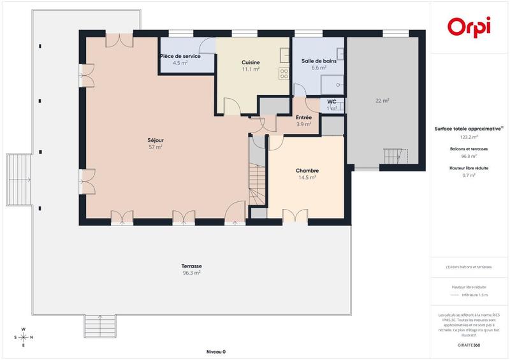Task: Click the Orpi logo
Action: click(x=469, y=27)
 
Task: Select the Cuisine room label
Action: click(x=251, y=62)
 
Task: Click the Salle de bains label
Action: click(x=319, y=61)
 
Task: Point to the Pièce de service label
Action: click(x=180, y=56)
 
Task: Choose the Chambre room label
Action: click(x=307, y=170)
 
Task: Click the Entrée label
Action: click(x=303, y=117)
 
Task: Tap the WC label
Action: click(x=331, y=101)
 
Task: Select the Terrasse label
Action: click(x=191, y=266)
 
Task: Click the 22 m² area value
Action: click(x=382, y=101)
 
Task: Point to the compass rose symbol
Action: click(x=24, y=337)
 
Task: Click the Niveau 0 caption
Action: click(x=215, y=352)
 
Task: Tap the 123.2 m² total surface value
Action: click(x=469, y=137)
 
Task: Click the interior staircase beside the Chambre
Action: click(x=257, y=182)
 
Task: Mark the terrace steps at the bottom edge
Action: click(x=99, y=326)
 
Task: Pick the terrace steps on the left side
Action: click(x=18, y=180)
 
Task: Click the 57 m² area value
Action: click(x=155, y=147)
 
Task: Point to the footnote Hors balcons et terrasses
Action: click(x=469, y=267)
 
